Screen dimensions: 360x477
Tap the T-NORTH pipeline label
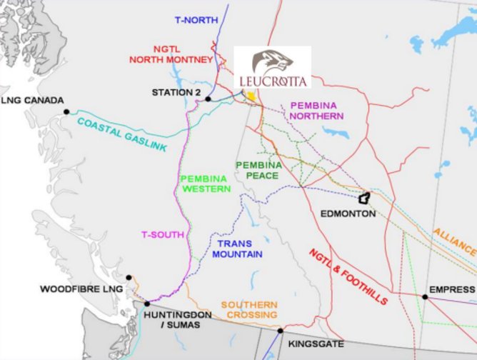(196, 20)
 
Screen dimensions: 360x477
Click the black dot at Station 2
(208, 99)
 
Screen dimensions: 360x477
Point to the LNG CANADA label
(33, 101)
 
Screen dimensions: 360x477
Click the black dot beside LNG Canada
(66, 111)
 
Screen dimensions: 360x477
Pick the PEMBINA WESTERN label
(206, 184)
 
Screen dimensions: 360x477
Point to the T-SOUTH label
(163, 234)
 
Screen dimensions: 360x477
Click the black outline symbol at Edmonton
(365, 197)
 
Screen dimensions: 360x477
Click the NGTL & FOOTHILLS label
(348, 276)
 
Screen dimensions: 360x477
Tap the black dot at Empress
(425, 296)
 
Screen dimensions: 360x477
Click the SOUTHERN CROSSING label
(248, 309)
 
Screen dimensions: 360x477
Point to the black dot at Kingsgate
(281, 331)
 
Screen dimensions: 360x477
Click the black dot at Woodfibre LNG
(129, 278)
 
